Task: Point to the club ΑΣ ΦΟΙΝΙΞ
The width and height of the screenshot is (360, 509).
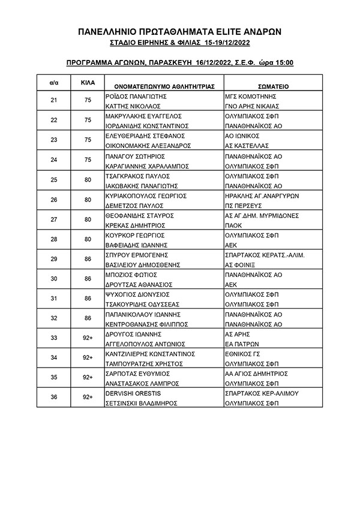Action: point(239,264)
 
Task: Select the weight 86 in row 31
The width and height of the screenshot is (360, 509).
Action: point(88,299)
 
